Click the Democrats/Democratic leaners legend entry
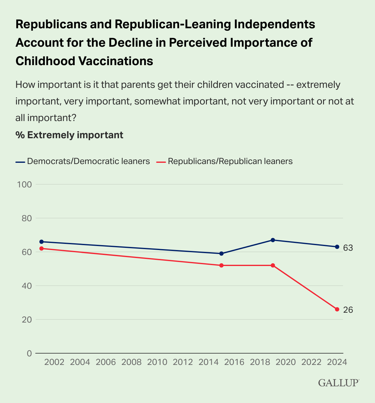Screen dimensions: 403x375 (x=83, y=161)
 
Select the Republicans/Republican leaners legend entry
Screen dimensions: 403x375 (x=225, y=161)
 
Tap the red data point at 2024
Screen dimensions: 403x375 (x=337, y=309)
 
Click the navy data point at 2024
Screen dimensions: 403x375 (x=337, y=247)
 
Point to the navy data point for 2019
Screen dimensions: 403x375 (x=273, y=240)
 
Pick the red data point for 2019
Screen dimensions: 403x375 (x=273, y=265)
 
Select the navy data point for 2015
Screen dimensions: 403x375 (x=221, y=253)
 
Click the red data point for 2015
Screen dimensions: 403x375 (x=221, y=265)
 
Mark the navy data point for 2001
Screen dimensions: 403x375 (x=41, y=242)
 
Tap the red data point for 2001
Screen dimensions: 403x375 (x=41, y=248)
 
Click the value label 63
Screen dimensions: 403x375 (x=348, y=248)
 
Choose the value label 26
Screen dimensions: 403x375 (x=348, y=310)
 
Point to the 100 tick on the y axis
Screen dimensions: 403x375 (x=25, y=185)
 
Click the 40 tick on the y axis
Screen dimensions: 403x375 (x=27, y=286)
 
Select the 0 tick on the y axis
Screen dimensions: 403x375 (x=29, y=354)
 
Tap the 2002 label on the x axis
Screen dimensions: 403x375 (x=54, y=362)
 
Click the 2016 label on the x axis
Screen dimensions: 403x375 (x=234, y=362)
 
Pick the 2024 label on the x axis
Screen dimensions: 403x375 (x=337, y=362)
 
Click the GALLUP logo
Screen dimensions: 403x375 (x=338, y=383)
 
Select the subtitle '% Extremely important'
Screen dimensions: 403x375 (x=69, y=135)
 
